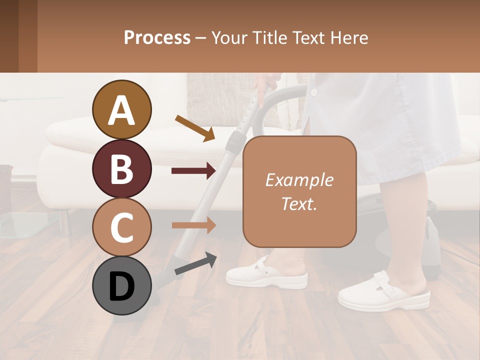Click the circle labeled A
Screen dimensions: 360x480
tap(122, 109)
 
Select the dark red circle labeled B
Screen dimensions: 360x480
tap(122, 168)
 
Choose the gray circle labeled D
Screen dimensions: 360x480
tap(122, 286)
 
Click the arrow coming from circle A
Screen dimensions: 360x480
tap(195, 128)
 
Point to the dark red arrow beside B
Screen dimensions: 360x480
tap(193, 171)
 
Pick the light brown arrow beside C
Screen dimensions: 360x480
tap(193, 225)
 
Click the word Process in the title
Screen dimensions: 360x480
tap(157, 37)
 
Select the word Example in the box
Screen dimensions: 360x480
tap(299, 180)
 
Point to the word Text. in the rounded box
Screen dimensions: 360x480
tap(299, 203)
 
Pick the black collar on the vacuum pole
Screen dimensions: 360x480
tap(233, 143)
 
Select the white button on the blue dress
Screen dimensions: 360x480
tap(314, 93)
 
